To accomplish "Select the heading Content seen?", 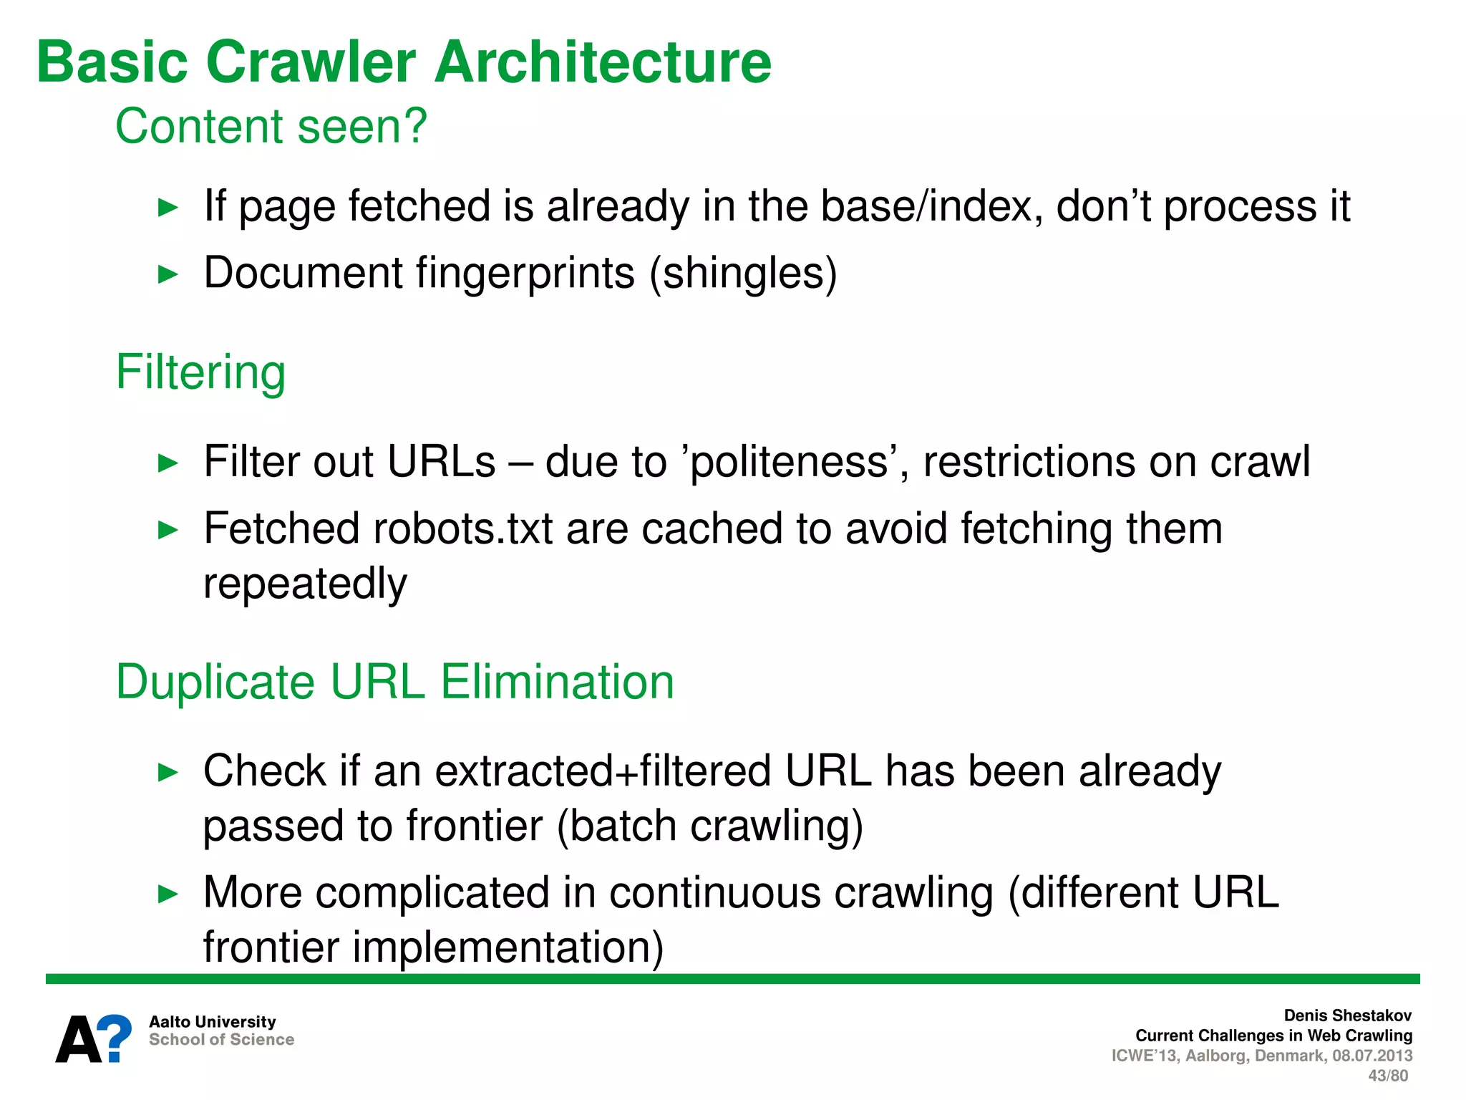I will [271, 126].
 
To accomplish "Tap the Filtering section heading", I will [200, 372].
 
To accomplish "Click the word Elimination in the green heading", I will [557, 681].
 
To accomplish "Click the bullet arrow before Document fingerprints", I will [168, 274].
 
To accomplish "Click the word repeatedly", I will [305, 583].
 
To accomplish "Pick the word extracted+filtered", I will [603, 771].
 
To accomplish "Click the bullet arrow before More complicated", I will [168, 894].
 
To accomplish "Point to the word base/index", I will [931, 206].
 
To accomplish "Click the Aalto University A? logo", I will [94, 1038].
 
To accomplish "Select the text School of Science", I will [221, 1040].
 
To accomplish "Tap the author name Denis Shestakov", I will [1347, 1015].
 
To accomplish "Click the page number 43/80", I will [1387, 1076].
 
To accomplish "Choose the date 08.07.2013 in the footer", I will [1372, 1056].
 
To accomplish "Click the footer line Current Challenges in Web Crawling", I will [1273, 1036].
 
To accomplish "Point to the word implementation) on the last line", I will [508, 947].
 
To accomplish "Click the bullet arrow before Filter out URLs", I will [168, 463].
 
